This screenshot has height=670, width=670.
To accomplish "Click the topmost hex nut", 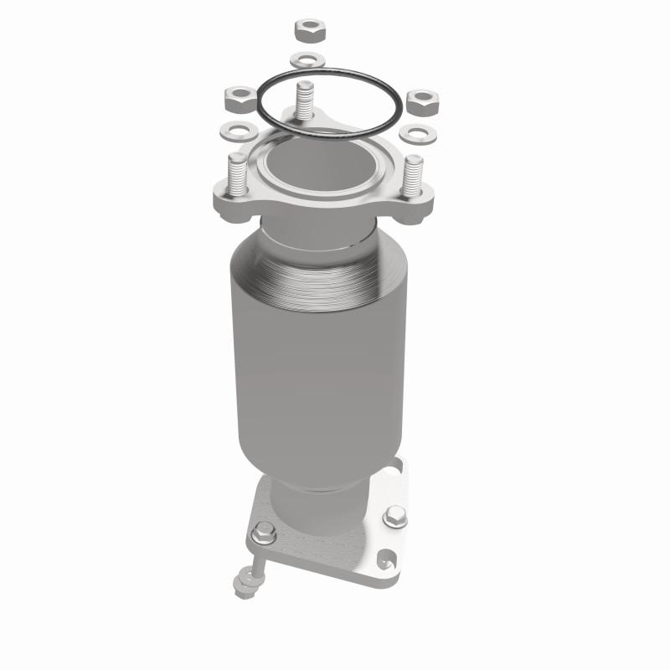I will [307, 32].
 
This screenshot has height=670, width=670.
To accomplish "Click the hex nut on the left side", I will [235, 99].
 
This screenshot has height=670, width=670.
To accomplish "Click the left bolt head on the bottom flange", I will [265, 530].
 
